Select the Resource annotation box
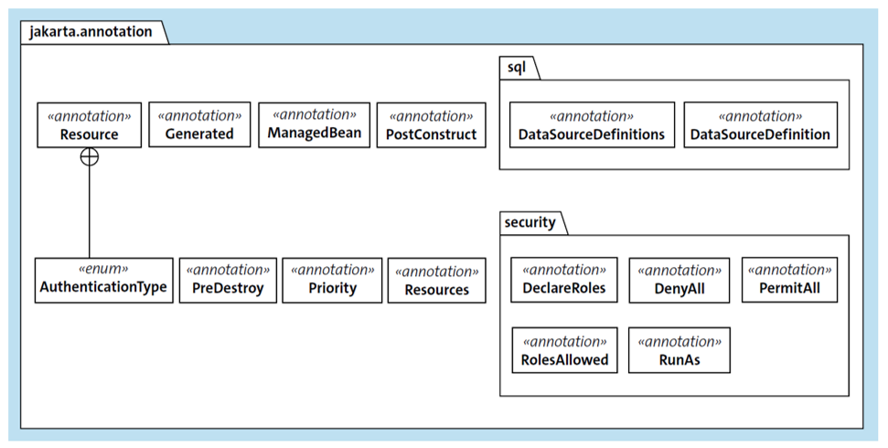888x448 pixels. pos(89,124)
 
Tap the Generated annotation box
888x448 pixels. pos(199,124)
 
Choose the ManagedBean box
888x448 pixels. pos(315,124)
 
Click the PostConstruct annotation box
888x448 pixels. pos(432,125)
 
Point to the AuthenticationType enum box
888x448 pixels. pos(103,280)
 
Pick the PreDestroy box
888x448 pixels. pos(228,280)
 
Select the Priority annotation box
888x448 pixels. pos(332,280)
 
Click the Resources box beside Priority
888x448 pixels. pos(436,281)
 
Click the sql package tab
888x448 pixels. pos(518,68)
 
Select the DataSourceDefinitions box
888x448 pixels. pos(592,124)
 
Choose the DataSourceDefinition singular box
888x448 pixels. pos(760,124)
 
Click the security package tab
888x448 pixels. pos(531,222)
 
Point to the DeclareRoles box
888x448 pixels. pos(564,280)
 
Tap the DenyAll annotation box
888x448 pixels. pos(679,280)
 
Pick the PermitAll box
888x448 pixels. pos(788,280)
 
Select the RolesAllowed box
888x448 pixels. pos(564,350)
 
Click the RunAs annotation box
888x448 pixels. pos(679,350)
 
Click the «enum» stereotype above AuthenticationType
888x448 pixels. pos(103,270)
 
